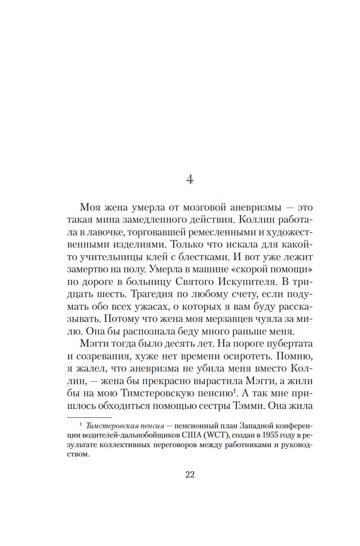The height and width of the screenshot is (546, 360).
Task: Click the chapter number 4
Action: click(x=190, y=179)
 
